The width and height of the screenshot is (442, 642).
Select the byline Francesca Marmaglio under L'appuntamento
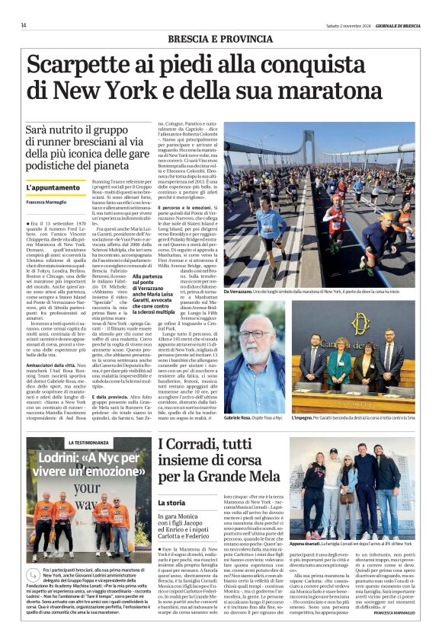pyautogui.click(x=46, y=202)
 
